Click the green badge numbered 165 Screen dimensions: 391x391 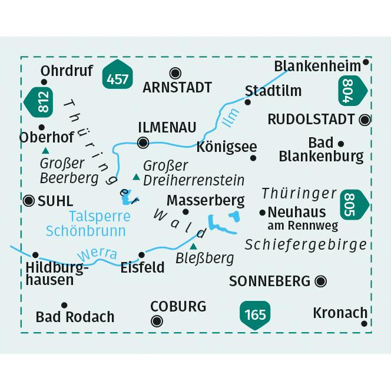254,314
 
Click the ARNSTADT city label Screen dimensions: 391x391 177,88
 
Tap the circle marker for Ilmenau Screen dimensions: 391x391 143,142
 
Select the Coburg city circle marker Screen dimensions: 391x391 157,321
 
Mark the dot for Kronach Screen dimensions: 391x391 365,323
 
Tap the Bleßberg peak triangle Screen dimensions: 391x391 194,246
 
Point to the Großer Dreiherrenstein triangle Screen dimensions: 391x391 137,176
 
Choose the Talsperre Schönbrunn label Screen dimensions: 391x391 100,223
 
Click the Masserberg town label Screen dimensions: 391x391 206,200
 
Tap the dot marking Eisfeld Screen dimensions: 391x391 141,255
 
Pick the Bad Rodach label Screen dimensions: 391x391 75,317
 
